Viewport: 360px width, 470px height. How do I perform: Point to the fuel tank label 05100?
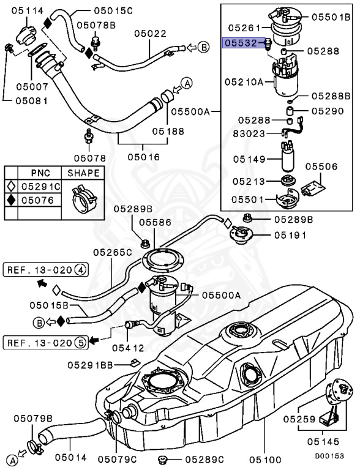click(264, 457)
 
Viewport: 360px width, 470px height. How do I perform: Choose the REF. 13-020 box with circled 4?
click(46, 269)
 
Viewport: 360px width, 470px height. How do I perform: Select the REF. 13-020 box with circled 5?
click(46, 342)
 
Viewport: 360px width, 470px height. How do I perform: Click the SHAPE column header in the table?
click(83, 173)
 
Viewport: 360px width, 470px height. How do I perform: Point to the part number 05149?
click(248, 159)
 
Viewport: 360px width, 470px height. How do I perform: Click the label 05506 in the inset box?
click(321, 166)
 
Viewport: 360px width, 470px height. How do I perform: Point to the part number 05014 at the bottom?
click(70, 457)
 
